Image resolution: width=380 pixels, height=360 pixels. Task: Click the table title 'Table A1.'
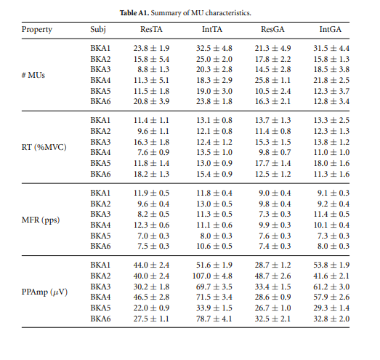[x=134, y=12]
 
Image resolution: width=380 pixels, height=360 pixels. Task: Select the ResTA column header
[x=151, y=29]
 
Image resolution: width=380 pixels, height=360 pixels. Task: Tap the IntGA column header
[x=331, y=29]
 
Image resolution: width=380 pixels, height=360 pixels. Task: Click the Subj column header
[x=98, y=30]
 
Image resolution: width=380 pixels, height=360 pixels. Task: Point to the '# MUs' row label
[x=33, y=75]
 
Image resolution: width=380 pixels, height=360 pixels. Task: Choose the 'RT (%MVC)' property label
[x=44, y=147]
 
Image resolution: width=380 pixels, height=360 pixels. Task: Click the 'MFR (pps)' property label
[x=41, y=220]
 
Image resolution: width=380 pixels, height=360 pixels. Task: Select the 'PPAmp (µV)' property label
[x=44, y=292]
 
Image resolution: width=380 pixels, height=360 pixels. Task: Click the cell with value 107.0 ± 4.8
[x=212, y=276]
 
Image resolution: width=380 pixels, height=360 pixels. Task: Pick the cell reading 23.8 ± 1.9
[x=151, y=48]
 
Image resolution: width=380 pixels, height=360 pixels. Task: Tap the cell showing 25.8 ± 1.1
[x=272, y=80]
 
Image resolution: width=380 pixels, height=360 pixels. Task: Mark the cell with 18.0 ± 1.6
[x=331, y=163]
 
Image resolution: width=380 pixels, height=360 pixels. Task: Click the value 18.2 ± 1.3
[x=151, y=174]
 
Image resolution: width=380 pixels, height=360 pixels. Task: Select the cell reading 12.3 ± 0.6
[x=151, y=225]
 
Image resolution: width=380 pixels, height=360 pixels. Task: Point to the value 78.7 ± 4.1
[x=214, y=319]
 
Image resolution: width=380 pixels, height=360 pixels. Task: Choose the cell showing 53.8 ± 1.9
[x=331, y=265]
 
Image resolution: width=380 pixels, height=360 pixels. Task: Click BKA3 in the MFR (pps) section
[x=100, y=214]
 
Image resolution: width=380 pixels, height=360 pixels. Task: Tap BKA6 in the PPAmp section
[x=100, y=319]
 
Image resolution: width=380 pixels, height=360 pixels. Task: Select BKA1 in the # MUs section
[x=100, y=48]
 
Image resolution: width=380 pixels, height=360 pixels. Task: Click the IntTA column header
[x=212, y=29]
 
